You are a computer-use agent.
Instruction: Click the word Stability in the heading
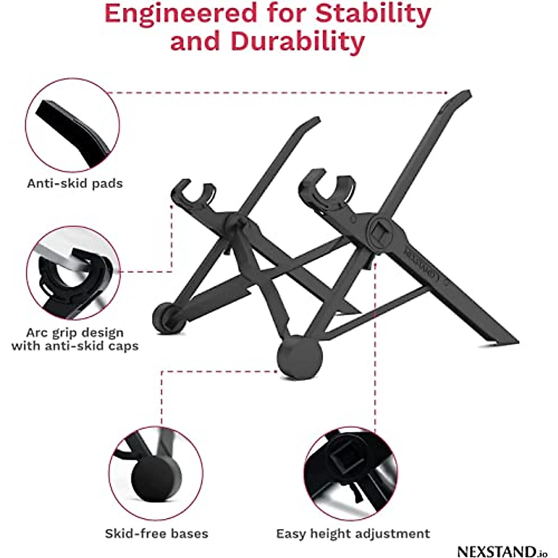pyautogui.click(x=373, y=14)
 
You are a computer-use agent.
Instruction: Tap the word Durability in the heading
pyautogui.click(x=298, y=42)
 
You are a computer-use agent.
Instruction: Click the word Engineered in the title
pyautogui.click(x=181, y=14)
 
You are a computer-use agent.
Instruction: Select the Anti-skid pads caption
pyautogui.click(x=75, y=183)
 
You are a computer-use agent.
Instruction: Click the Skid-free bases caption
pyautogui.click(x=156, y=533)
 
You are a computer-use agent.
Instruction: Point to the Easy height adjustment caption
pyautogui.click(x=353, y=533)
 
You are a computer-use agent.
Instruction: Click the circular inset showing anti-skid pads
pyautogui.click(x=72, y=125)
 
